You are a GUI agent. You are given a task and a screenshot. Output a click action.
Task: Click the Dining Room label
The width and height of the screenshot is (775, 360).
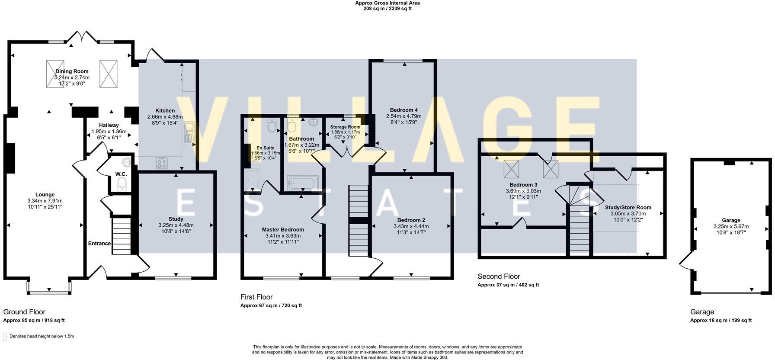coord(72,71)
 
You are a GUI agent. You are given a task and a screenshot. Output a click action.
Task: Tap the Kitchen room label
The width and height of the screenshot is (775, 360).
coord(165,111)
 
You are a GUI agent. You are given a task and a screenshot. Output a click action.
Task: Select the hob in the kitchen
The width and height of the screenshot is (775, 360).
coord(162,163)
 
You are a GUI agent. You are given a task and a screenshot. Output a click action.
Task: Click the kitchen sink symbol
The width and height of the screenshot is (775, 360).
coord(189,132)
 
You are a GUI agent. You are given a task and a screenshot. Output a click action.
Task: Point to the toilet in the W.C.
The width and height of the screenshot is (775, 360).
coord(122,183)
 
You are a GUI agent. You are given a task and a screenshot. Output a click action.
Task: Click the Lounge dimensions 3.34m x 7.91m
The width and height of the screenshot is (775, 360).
coord(45,201)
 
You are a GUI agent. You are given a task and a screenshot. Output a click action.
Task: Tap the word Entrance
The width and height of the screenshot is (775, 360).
coord(99,243)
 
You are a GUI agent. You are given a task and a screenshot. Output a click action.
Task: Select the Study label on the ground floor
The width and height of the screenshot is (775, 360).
coord(176,219)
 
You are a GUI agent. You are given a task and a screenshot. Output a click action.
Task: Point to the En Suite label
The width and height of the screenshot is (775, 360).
coord(266,148)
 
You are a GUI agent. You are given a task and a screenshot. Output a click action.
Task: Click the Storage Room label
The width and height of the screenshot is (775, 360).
coord(346,127)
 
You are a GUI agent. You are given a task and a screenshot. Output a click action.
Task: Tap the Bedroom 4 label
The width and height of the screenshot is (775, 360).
coord(404,110)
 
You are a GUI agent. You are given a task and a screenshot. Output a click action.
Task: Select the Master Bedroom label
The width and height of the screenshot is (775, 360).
coord(283,230)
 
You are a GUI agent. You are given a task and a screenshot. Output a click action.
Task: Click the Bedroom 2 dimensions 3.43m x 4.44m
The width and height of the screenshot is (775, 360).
coord(411,226)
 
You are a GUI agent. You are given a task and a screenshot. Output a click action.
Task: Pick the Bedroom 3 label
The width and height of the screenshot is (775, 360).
coord(523,185)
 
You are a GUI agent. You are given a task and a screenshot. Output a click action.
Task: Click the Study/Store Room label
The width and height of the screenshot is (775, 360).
coord(628,207)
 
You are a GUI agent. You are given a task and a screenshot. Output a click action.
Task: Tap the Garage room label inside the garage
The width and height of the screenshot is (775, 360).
coord(731,220)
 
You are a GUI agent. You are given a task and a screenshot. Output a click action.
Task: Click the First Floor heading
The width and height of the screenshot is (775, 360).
coord(256,297)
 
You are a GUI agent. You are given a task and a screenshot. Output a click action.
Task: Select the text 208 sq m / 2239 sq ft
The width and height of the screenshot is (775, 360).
coord(387,8)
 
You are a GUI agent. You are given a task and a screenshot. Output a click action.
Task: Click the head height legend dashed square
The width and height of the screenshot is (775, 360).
coord(5,337)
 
